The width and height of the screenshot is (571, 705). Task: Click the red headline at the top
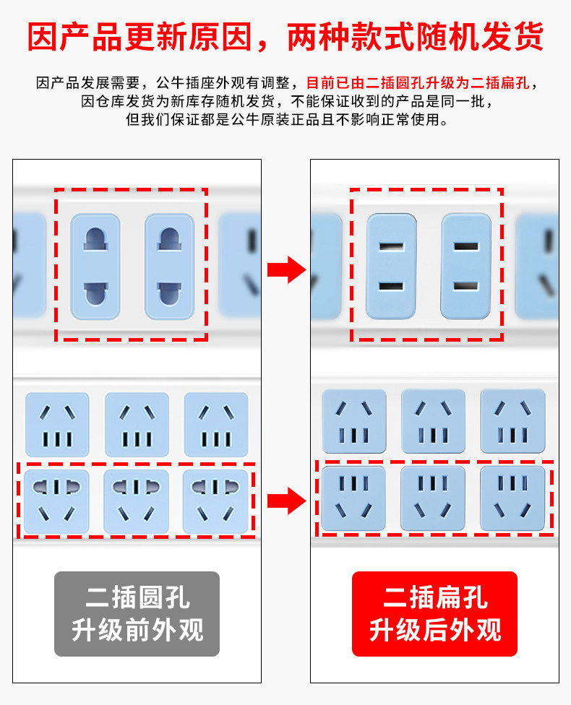pyautogui.click(x=285, y=37)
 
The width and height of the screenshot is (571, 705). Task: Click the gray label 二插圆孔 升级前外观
pyautogui.click(x=137, y=614)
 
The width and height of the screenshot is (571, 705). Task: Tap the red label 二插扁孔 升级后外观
pyautogui.click(x=434, y=614)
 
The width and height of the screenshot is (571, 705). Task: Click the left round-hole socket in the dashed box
pyautogui.click(x=95, y=266)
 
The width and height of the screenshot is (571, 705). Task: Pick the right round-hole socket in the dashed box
pyautogui.click(x=170, y=266)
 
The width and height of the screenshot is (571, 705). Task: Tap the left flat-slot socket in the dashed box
pyautogui.click(x=391, y=266)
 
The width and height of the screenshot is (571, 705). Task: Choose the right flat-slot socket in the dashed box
pyautogui.click(x=466, y=266)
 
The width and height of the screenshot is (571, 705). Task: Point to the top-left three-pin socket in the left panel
pyautogui.click(x=57, y=425)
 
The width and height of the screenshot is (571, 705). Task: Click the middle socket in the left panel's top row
pyautogui.click(x=137, y=425)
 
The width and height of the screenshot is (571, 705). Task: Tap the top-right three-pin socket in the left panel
pyautogui.click(x=215, y=425)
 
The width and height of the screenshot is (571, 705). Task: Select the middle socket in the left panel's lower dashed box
pyautogui.click(x=137, y=501)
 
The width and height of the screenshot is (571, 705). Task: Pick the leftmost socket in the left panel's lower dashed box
pyautogui.click(x=57, y=501)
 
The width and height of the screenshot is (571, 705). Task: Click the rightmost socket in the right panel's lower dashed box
pyautogui.click(x=512, y=498)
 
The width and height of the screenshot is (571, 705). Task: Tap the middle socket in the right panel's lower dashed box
pyautogui.click(x=433, y=498)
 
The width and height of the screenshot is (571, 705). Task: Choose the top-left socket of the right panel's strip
pyautogui.click(x=354, y=421)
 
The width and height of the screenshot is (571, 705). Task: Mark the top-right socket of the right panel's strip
pyautogui.click(x=512, y=421)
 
